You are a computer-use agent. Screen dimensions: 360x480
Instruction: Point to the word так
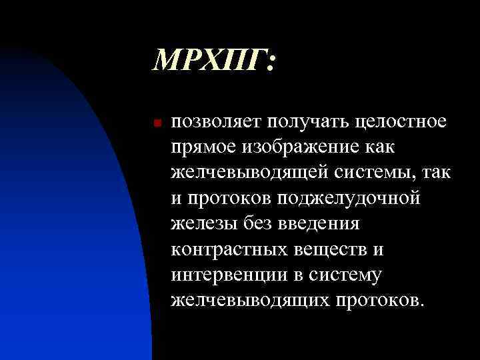tap(437, 173)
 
